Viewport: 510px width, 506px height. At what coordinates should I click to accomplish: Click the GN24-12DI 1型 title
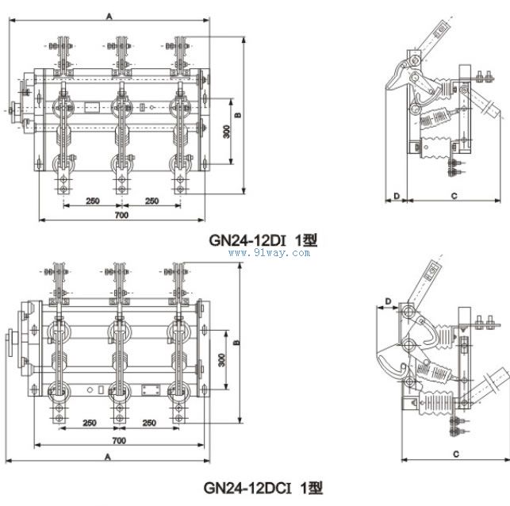coord(263,240)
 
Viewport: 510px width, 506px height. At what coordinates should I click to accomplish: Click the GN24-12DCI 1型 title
coord(263,488)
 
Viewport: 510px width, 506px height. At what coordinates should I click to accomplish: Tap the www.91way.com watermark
coord(269,253)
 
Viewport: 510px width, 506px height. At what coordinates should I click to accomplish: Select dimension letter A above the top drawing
coord(109,17)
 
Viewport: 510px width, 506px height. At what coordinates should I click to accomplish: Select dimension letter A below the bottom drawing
coord(108,457)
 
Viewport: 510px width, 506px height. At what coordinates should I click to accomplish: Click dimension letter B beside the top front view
coord(238,115)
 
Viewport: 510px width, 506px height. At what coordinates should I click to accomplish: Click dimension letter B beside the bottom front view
coord(237,343)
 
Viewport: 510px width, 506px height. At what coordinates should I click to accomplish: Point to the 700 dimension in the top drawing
coord(121,215)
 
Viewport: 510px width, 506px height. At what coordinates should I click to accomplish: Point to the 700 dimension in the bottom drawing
coord(119,441)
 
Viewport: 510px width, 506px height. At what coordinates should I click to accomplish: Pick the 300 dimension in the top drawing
coord(227,132)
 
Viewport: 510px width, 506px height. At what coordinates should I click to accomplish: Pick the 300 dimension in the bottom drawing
coord(222,360)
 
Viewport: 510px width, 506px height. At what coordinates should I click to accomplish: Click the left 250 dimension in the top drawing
coord(93,201)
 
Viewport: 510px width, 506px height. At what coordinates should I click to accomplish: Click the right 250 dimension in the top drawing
coord(152,201)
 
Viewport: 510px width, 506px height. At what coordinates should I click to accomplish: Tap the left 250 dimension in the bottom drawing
coord(90,423)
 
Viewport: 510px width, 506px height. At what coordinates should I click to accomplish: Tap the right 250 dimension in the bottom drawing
coord(149,423)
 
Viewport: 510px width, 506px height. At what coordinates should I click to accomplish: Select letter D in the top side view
coord(397,196)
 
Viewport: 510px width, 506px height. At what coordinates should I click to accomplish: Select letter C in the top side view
coord(454,196)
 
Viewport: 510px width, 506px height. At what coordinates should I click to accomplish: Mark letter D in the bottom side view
coord(388,301)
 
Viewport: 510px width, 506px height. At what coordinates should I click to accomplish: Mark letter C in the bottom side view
coord(456,454)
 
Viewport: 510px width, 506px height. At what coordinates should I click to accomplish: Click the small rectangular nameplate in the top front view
coord(92,107)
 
